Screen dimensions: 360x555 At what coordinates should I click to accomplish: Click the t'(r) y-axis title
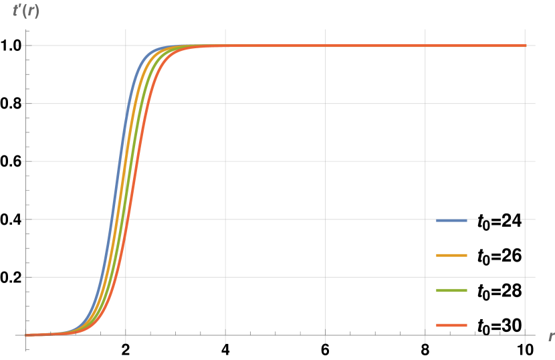tap(26, 11)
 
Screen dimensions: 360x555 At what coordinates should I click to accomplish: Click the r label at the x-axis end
tap(550, 335)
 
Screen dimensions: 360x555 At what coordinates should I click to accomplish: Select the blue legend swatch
tap(451, 220)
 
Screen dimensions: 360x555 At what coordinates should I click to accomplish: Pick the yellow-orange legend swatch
tap(451, 255)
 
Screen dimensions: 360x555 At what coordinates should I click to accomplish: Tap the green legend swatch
tap(451, 290)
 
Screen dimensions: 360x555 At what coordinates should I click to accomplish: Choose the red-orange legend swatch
tap(451, 325)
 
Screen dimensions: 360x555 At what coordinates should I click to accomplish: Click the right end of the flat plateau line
tap(525, 46)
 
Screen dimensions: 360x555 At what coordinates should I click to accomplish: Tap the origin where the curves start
tap(27, 335)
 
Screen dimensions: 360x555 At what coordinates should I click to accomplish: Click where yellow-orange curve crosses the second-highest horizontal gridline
tap(134, 104)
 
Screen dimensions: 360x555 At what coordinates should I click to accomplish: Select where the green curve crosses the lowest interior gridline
tap(112, 277)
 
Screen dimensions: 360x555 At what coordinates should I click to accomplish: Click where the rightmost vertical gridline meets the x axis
tap(525, 335)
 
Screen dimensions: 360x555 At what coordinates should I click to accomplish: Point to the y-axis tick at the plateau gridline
tap(26, 46)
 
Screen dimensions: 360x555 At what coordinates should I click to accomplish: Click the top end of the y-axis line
tap(26, 30)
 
